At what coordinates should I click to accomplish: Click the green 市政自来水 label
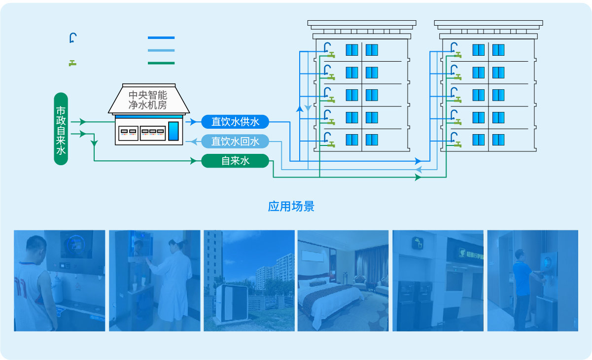point(61,129)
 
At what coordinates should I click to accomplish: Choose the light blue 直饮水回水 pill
point(235,142)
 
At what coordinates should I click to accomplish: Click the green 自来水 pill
point(235,161)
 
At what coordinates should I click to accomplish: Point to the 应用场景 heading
point(291,206)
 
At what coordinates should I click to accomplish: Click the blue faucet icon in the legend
point(73,38)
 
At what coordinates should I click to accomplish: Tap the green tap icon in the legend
point(72,63)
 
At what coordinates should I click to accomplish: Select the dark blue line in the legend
point(161,37)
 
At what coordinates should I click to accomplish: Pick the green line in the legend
point(161,63)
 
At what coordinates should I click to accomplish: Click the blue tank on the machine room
point(174,131)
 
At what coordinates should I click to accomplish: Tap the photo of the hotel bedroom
point(343,280)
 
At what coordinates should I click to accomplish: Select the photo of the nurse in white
point(154,280)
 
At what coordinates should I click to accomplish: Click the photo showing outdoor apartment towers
point(249,280)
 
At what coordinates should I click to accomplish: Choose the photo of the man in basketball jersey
point(59,280)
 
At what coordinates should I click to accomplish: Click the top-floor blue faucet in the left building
point(327,47)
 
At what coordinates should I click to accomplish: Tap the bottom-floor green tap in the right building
point(458,144)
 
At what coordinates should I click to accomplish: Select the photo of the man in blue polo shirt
point(532,280)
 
